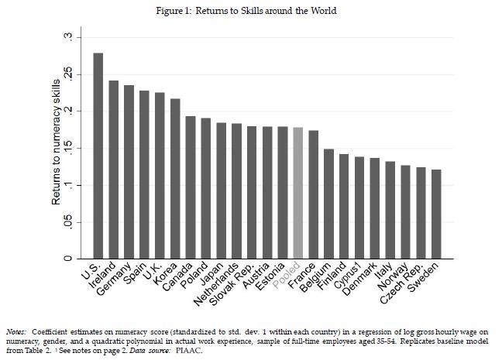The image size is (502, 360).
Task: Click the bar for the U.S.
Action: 98,156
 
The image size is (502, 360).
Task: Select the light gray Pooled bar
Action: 298,193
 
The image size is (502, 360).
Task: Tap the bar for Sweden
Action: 436,214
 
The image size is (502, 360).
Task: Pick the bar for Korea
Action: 175,179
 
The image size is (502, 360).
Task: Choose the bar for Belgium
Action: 328,204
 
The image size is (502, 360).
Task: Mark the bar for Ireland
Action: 114,170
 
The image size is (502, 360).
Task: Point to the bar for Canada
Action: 191,187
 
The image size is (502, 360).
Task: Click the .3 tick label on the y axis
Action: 68,37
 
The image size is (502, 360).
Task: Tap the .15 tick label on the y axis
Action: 68,148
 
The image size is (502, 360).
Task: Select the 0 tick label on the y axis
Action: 68,259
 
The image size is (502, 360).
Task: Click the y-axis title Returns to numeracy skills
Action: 56,142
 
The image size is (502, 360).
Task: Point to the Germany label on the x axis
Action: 114,279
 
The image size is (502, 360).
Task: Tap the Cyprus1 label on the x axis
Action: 347,275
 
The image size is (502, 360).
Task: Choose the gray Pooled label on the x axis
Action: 287,275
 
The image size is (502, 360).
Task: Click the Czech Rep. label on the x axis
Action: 401,283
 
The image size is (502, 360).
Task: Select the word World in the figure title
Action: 323,11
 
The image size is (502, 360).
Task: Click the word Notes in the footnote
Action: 15,332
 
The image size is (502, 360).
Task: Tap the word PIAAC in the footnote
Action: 189,351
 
